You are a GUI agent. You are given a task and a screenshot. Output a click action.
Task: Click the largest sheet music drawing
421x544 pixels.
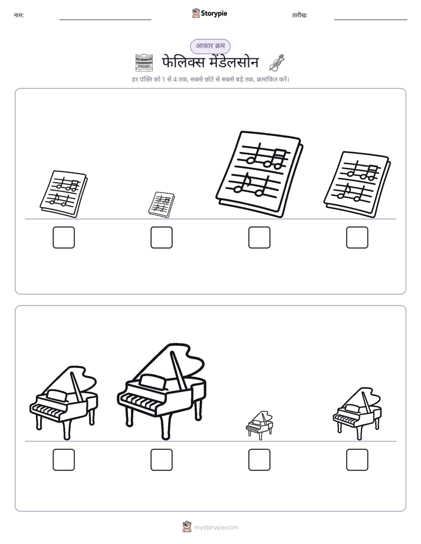259,174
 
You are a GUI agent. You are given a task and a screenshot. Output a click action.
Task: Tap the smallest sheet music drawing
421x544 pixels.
162,205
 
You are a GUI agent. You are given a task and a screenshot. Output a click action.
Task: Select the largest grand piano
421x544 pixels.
162,392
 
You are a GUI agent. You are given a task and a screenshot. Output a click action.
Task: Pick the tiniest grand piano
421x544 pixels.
259,426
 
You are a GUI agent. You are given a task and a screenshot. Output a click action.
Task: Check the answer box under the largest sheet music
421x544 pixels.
259,238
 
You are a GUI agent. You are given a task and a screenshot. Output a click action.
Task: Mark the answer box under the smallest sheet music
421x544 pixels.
162,238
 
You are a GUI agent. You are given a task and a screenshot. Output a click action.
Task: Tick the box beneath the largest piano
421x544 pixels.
162,460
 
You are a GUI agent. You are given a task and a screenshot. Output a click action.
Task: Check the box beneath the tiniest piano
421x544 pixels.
259,460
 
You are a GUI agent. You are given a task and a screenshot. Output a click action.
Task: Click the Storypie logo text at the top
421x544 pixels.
214,14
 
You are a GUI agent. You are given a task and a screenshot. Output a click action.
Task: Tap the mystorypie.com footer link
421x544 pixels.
216,528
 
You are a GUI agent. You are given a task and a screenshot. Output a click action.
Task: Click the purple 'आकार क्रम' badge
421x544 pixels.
210,46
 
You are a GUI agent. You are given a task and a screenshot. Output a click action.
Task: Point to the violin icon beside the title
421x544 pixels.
277,62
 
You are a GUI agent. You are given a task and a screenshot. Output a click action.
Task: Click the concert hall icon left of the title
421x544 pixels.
144,63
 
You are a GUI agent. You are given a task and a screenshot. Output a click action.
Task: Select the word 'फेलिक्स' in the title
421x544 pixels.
184,62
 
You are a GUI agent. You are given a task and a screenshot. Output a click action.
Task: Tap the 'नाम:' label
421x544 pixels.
19,15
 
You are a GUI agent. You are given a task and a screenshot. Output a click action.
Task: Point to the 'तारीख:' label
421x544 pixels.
300,15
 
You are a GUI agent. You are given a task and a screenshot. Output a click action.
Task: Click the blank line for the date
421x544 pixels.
371,20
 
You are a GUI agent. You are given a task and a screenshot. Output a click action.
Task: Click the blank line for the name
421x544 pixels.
105,20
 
